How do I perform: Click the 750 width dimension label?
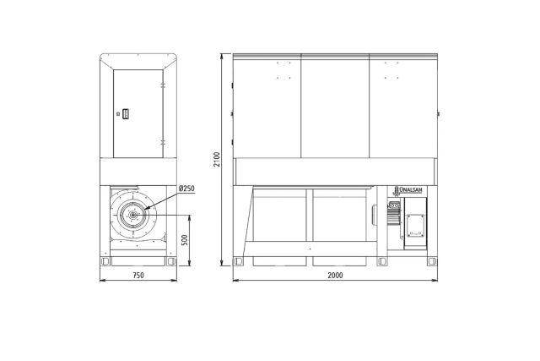tap(138, 276)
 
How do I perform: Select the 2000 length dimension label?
tap(335, 276)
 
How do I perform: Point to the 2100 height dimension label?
tap(217, 160)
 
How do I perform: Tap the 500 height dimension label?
tap(185, 240)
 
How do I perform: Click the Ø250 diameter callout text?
tap(186, 189)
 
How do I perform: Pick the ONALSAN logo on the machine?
tap(408, 190)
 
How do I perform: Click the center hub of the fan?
tap(132, 215)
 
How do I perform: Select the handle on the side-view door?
tap(126, 114)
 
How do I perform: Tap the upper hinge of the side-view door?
tap(163, 85)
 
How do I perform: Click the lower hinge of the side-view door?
tap(163, 142)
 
